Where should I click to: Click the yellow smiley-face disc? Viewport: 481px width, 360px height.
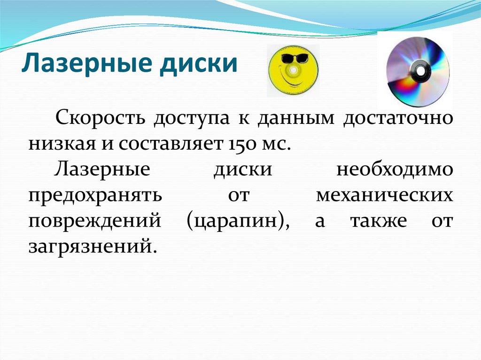point(293,70)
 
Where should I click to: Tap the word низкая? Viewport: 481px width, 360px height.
point(61,143)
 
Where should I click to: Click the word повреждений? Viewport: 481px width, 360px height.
point(95,220)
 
